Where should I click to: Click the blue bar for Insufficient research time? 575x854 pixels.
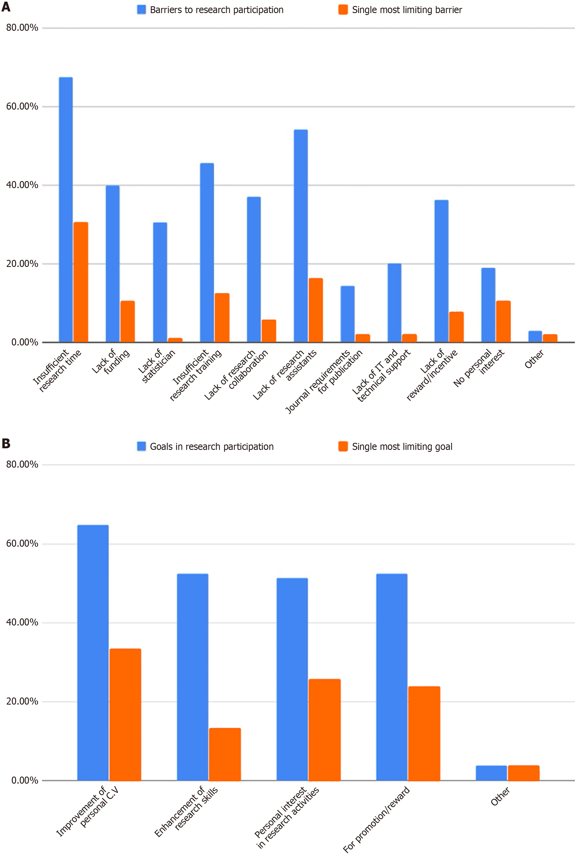(x=66, y=210)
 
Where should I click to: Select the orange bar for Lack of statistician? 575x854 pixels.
(x=175, y=340)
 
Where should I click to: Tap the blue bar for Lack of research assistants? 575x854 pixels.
(x=301, y=236)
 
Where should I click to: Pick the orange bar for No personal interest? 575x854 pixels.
(x=503, y=321)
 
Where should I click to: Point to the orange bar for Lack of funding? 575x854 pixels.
(x=128, y=321)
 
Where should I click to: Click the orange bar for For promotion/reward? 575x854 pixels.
(x=424, y=734)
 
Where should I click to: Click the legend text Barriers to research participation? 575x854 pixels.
(x=216, y=10)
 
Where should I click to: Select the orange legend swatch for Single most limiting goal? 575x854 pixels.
(x=343, y=446)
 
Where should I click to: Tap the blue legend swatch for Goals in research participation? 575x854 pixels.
(x=141, y=446)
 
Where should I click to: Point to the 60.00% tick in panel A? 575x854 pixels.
(x=22, y=106)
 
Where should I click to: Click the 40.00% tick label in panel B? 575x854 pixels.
(x=22, y=622)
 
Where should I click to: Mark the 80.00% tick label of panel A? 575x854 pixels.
(x=22, y=28)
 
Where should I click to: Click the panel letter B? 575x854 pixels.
(x=6, y=444)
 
